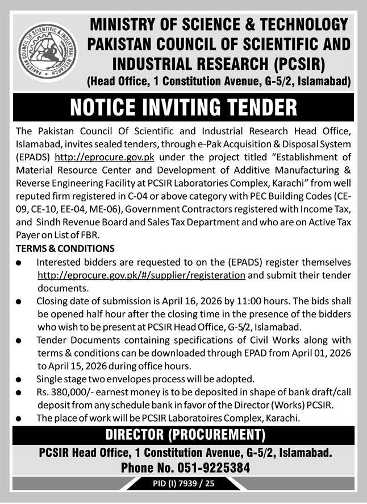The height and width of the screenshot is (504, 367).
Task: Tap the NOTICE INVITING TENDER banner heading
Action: pyautogui.click(x=183, y=107)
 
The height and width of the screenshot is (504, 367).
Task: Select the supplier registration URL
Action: pyautogui.click(x=141, y=275)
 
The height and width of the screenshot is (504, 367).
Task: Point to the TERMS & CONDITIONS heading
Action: pyautogui.click(x=65, y=249)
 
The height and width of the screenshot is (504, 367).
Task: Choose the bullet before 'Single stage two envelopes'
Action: pyautogui.click(x=19, y=380)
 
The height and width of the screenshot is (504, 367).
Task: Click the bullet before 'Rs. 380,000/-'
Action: pyautogui.click(x=19, y=393)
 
